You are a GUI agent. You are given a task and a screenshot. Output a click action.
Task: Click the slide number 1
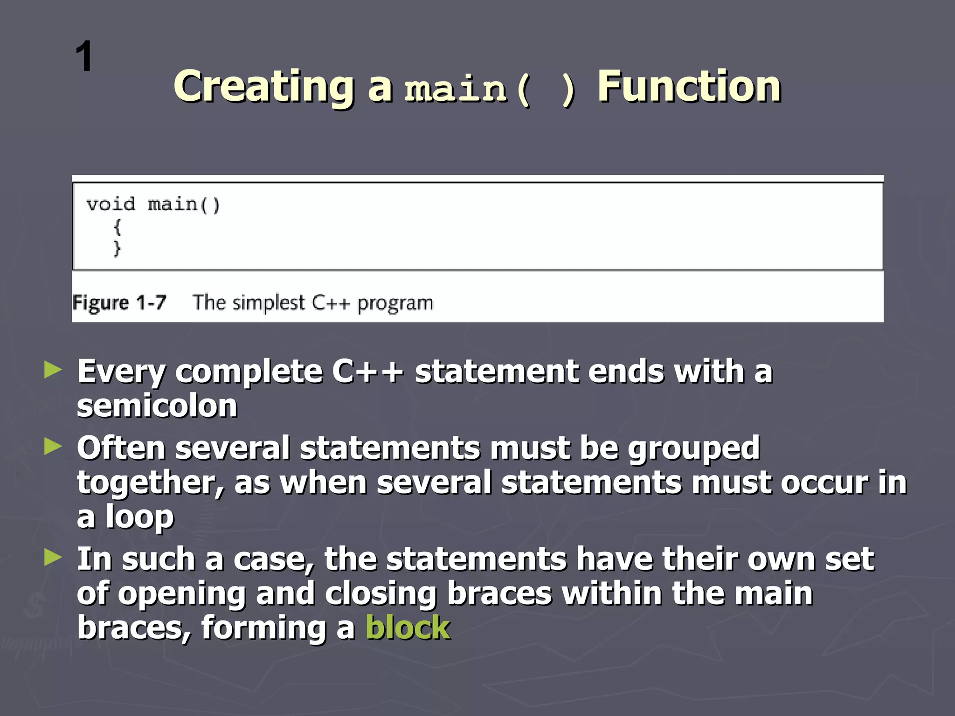pyautogui.click(x=84, y=56)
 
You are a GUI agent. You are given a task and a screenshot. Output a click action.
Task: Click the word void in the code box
pyautogui.click(x=111, y=205)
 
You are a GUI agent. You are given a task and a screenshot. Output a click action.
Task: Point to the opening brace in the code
pyautogui.click(x=117, y=227)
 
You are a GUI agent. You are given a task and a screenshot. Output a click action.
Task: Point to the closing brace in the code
pyautogui.click(x=117, y=248)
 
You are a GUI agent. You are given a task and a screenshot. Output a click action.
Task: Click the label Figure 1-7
pyautogui.click(x=119, y=303)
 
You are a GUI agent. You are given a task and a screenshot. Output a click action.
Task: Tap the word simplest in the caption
pyautogui.click(x=269, y=303)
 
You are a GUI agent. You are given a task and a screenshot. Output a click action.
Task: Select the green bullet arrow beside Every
pyautogui.click(x=53, y=371)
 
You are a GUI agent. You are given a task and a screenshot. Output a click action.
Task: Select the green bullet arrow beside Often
pyautogui.click(x=53, y=447)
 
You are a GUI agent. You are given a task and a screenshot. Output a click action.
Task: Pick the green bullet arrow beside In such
pyautogui.click(x=53, y=558)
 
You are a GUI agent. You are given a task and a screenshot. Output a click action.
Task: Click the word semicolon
pyautogui.click(x=157, y=406)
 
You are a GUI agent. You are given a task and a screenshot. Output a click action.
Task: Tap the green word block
pyautogui.click(x=408, y=627)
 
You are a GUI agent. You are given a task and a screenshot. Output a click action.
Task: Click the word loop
pyautogui.click(x=139, y=517)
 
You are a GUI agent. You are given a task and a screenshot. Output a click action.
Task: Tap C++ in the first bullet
pyautogui.click(x=367, y=372)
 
